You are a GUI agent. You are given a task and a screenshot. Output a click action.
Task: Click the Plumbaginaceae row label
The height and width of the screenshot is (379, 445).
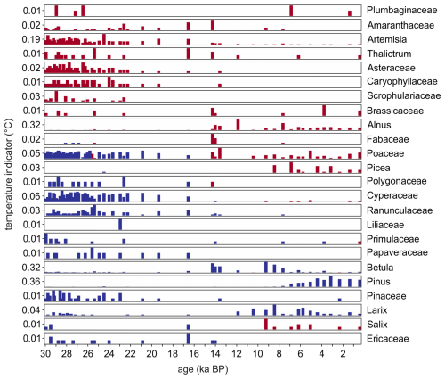click(401, 11)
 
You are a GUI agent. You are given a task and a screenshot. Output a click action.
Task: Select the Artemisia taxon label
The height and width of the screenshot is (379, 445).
click(387, 39)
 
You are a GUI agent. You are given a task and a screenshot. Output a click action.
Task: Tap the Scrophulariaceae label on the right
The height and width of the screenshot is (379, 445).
click(403, 95)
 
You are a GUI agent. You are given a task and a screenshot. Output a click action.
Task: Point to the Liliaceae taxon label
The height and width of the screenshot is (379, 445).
click(385, 225)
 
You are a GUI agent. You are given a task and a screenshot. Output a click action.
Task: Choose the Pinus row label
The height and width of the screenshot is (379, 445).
click(378, 282)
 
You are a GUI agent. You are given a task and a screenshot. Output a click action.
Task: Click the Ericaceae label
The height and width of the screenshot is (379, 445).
click(388, 339)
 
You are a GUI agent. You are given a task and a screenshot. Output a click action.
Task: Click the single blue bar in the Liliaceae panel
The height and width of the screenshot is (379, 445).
click(120, 225)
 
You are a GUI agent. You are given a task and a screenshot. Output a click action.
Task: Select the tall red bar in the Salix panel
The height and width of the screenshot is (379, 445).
click(266, 325)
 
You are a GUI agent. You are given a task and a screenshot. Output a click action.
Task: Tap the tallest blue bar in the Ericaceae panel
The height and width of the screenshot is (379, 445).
click(189, 339)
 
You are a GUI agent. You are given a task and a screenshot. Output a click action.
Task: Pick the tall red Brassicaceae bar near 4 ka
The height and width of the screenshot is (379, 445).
click(324, 111)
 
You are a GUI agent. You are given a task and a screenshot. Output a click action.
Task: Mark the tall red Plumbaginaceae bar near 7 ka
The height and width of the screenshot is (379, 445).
click(291, 11)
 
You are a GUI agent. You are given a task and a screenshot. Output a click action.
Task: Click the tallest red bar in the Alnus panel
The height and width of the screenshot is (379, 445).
click(238, 125)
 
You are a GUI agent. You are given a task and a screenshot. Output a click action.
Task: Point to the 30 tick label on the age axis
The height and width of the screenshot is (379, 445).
click(45, 354)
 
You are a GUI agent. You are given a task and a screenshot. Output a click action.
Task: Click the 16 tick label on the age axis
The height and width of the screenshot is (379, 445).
click(194, 354)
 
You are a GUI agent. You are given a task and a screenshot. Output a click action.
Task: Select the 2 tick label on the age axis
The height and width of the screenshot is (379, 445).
click(343, 354)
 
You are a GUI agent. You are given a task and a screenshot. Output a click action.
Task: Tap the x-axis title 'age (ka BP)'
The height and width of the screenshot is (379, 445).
click(203, 369)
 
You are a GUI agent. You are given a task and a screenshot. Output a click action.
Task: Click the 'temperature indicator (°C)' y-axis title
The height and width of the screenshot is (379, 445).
click(9, 175)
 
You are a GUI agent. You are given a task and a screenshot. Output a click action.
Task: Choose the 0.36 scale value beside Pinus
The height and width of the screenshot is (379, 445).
click(31, 282)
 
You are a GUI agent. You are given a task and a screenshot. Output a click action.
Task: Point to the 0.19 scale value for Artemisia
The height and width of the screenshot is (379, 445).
click(31, 39)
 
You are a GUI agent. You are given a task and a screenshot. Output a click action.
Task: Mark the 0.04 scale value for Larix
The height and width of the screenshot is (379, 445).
click(31, 310)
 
